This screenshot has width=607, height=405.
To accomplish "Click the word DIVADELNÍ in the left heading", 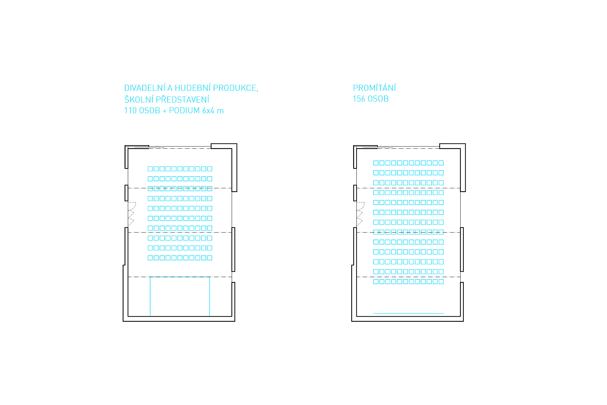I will coord(144,88).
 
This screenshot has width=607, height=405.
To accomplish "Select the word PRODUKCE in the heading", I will coord(235,88).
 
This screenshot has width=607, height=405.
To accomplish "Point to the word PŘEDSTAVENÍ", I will coord(182,99).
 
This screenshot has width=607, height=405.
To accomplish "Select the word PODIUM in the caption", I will coord(184,110).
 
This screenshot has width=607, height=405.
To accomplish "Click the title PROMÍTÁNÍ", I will coord(374,88).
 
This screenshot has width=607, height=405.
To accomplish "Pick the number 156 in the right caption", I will coord(359,99).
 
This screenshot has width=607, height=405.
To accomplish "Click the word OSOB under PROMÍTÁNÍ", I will coord(378,99).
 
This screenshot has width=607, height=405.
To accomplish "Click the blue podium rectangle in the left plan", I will coord(180,296).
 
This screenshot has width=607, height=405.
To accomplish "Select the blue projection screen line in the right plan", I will coord(408,313).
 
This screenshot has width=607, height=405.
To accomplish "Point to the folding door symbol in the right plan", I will coord(360,214).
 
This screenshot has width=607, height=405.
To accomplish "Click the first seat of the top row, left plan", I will coord(150,169).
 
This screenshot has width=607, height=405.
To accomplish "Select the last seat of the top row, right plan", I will coord(441,163).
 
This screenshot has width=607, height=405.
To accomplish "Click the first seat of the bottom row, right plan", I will coord(376,281).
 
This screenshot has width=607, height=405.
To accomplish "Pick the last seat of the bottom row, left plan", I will coord(209,258).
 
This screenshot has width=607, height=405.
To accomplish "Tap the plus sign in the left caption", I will coord(164,111).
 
